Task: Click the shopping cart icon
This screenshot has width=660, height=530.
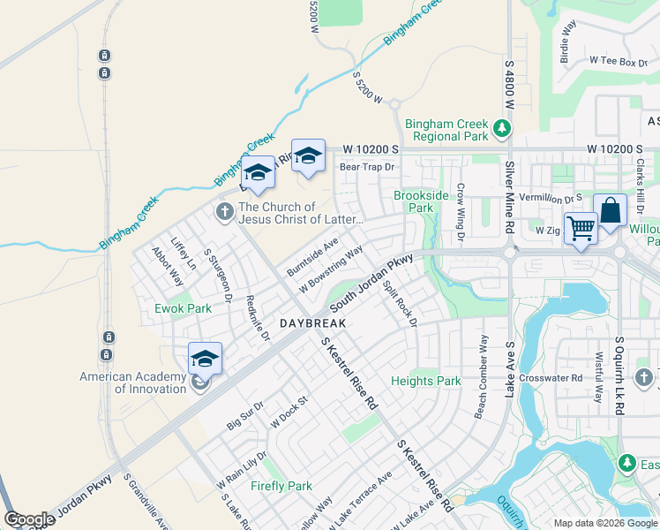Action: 581,227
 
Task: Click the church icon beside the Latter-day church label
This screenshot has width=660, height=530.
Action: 224,211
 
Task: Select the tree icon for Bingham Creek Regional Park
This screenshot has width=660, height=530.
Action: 502,129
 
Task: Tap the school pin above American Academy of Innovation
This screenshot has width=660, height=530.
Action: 205,359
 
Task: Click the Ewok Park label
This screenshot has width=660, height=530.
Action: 184,308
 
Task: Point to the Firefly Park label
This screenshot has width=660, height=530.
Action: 281,486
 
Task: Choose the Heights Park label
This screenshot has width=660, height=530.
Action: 425,381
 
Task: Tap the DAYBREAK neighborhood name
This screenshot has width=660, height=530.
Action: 312,324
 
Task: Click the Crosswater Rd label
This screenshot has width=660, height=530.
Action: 551,377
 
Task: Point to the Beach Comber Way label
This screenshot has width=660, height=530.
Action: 481,376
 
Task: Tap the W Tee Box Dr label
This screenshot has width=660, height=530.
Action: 619,62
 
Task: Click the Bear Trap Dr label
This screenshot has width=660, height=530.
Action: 366,166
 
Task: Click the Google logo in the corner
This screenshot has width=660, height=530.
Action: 29,519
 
